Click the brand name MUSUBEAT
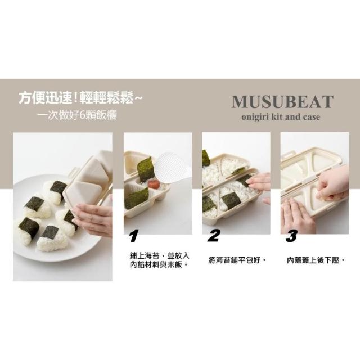click(x=282, y=102)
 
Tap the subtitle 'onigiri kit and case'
click(x=281, y=117)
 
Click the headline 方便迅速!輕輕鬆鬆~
click(x=80, y=98)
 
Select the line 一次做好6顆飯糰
click(x=77, y=115)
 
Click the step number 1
click(x=134, y=236)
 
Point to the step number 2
click(x=213, y=236)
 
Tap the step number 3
click(x=291, y=236)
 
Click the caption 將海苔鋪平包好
click(x=237, y=260)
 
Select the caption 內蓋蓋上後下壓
click(x=316, y=260)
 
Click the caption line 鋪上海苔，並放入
click(x=160, y=255)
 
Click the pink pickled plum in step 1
click(x=154, y=184)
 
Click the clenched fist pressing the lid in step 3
click(x=332, y=183)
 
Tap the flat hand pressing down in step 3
click(x=297, y=216)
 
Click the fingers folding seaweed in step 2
click(x=255, y=182)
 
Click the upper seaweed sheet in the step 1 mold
click(x=145, y=169)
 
